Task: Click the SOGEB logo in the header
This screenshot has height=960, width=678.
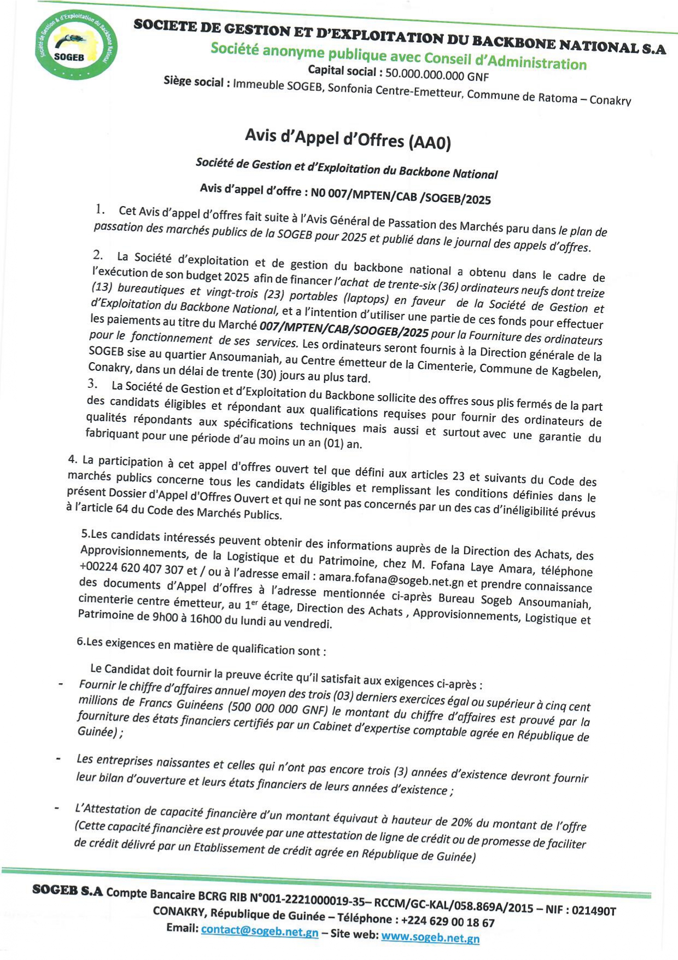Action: (x=75, y=45)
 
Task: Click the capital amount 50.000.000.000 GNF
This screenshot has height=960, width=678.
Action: (x=437, y=75)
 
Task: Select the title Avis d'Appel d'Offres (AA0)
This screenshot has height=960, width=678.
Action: (x=348, y=138)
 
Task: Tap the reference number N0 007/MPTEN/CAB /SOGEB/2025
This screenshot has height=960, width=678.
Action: (x=400, y=195)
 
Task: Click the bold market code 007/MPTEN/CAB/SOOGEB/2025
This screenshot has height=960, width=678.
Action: (x=344, y=329)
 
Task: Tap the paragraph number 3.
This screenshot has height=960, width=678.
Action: (x=92, y=383)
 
